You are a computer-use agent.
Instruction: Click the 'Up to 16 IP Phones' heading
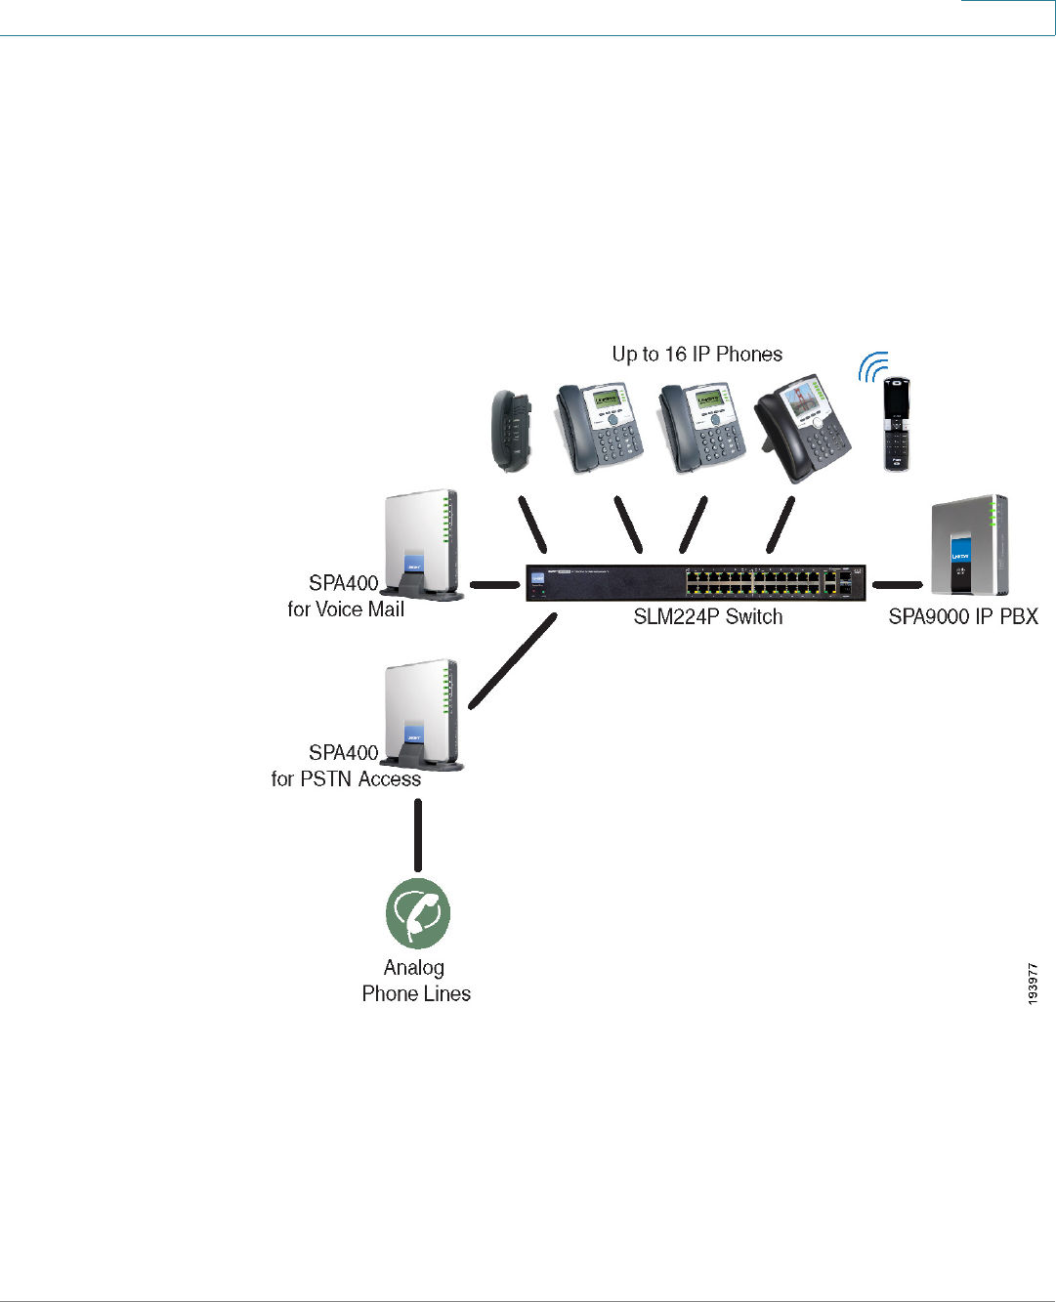pos(697,354)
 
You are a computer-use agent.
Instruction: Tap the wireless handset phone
pos(896,425)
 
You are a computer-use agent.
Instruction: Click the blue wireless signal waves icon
pos(872,367)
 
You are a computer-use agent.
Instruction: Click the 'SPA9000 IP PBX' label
pos(962,616)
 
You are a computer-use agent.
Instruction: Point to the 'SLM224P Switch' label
pos(707,616)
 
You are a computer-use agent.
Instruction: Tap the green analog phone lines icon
pos(418,913)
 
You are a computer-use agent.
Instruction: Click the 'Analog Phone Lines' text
pos(416,981)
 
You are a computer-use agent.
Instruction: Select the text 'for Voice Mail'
pos(346,609)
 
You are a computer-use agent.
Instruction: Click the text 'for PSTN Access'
pos(346,779)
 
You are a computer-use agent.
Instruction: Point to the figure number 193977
pos(1033,984)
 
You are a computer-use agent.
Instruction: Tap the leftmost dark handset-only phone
pos(512,430)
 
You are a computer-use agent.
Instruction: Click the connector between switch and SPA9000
pos(897,585)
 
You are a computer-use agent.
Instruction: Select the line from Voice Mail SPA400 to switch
pos(495,585)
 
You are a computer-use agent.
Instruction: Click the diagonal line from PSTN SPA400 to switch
pos(513,660)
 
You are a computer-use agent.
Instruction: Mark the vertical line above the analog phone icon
pos(418,835)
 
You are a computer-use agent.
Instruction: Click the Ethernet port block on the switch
pos(752,583)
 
